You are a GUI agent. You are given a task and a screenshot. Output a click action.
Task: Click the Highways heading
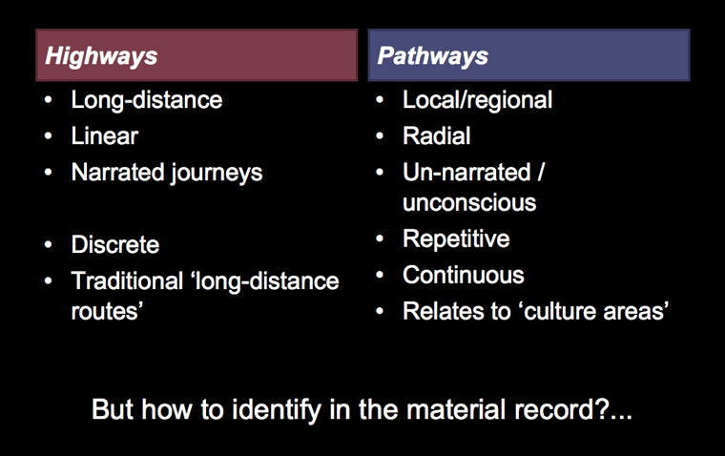point(101,56)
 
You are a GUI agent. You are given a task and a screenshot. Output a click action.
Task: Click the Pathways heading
point(433,56)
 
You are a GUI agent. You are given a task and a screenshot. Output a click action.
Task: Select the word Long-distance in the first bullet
point(147,100)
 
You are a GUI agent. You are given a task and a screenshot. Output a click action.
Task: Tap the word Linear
point(105,136)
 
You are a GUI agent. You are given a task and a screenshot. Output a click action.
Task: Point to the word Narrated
point(117,172)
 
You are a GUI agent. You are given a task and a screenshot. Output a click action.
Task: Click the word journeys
point(217,174)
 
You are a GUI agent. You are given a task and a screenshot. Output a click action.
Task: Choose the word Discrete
point(115,244)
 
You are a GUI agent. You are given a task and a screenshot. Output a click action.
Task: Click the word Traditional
point(127,280)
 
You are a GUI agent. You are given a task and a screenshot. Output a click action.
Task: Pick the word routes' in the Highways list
point(107,311)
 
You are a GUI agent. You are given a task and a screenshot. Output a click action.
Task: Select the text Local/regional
point(477,100)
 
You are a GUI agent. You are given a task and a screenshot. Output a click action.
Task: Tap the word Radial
point(437,136)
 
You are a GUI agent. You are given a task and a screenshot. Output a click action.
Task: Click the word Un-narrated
point(466,172)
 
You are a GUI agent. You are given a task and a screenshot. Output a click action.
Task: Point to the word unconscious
point(469,203)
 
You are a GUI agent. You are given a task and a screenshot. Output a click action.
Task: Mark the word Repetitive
point(456,239)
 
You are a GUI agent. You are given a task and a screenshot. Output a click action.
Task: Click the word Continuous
point(464,275)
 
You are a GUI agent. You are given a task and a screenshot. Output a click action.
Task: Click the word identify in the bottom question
point(276,410)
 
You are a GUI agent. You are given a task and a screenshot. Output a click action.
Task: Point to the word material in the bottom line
point(456,410)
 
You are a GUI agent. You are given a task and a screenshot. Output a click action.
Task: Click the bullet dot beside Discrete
point(48,244)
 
